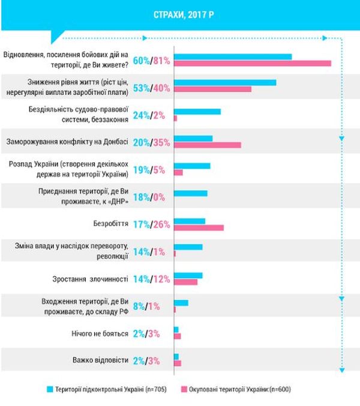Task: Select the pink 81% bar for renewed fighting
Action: click(x=252, y=63)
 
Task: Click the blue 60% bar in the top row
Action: click(x=232, y=56)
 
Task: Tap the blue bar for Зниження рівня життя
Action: click(x=224, y=82)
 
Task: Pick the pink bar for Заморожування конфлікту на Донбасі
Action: click(x=207, y=145)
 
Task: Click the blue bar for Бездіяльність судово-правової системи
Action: click(x=197, y=111)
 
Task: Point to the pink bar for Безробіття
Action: click(x=198, y=228)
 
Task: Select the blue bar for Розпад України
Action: click(x=191, y=166)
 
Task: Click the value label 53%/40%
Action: click(x=151, y=88)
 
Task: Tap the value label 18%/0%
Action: click(x=151, y=196)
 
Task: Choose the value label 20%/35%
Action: click(x=151, y=142)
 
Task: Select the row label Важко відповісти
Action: click(x=100, y=360)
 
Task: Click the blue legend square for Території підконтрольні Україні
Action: click(x=50, y=389)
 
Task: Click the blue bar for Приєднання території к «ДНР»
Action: click(x=190, y=193)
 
